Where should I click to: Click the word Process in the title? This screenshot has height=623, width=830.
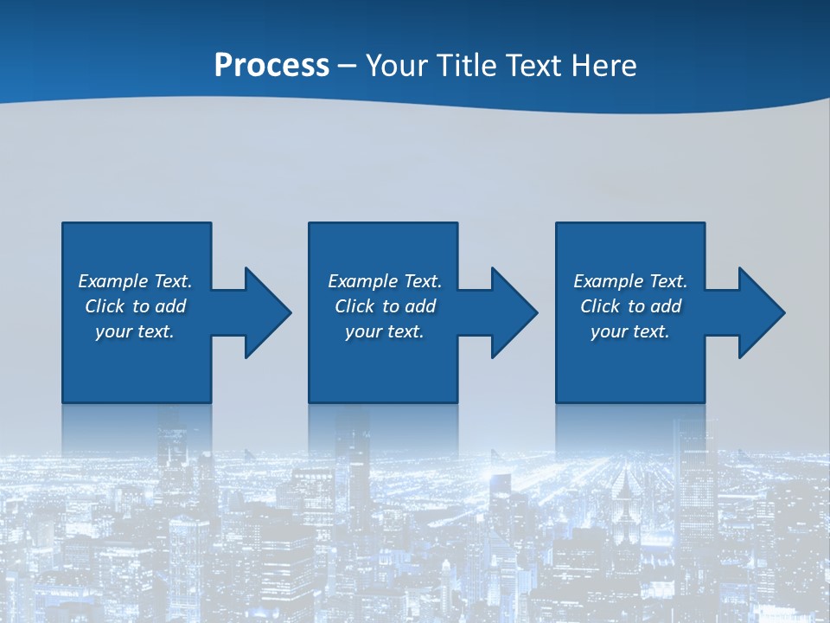271,65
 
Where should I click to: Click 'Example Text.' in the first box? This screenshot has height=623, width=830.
135,281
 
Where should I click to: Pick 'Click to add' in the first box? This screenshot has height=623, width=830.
135,306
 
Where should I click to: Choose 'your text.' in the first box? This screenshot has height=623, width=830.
135,331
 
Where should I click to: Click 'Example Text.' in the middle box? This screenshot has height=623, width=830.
385,281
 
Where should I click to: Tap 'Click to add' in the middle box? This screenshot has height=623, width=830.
385,306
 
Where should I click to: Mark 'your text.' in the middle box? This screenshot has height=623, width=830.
385,331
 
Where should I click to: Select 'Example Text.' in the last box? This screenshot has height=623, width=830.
630,281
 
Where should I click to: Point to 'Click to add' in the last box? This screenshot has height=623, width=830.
630,306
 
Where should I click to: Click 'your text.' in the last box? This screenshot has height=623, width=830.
630,331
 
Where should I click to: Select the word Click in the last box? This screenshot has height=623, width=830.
600,306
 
